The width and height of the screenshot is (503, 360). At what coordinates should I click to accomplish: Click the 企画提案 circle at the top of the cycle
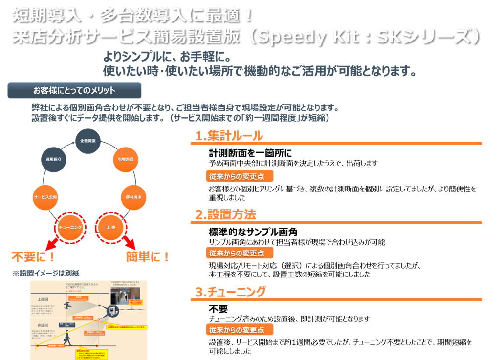pyautogui.click(x=88, y=140)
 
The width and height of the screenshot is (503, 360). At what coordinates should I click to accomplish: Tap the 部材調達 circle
pyautogui.click(x=133, y=197)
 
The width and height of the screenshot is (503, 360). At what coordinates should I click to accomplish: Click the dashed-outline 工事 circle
pyautogui.click(x=110, y=228)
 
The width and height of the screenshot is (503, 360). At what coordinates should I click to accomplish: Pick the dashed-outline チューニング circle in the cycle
pyautogui.click(x=69, y=228)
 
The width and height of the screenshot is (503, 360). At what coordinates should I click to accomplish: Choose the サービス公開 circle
pyautogui.click(x=45, y=197)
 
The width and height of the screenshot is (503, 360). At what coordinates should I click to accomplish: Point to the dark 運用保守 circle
pyautogui.click(x=53, y=160)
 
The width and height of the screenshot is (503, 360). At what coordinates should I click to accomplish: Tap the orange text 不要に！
pyautogui.click(x=33, y=256)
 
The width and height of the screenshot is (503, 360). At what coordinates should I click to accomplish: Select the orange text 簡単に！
pyautogui.click(x=148, y=256)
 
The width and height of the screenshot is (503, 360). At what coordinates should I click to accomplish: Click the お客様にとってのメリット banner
pyautogui.click(x=74, y=90)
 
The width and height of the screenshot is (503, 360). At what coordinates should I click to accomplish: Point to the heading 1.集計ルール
pyautogui.click(x=229, y=136)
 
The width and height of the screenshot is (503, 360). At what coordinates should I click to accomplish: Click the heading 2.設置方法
pyautogui.click(x=226, y=214)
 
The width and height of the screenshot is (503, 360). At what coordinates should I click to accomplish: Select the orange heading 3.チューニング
pyautogui.click(x=231, y=292)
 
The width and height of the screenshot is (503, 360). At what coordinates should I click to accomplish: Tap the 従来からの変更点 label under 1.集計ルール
pyautogui.click(x=240, y=176)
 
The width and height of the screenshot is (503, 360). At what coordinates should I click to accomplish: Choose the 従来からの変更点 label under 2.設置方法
pyautogui.click(x=240, y=253)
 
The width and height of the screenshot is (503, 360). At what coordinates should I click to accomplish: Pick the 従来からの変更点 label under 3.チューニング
pyautogui.click(x=240, y=330)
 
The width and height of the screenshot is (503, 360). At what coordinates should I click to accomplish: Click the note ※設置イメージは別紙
pyautogui.click(x=45, y=273)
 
